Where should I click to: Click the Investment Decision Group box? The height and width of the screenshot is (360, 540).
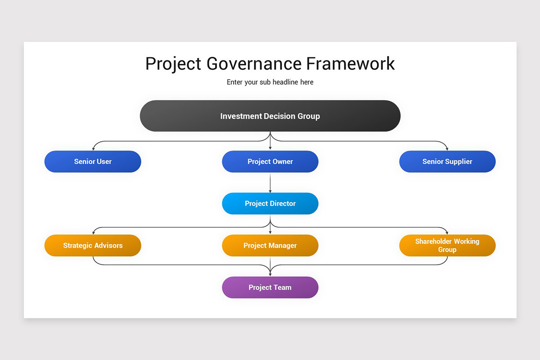pos(270,116)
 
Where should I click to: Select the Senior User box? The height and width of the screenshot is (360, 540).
pos(93,162)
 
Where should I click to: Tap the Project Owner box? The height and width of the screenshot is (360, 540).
pos(270,162)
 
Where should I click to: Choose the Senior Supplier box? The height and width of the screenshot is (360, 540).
pos(447,162)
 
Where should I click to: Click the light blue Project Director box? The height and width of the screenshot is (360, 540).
pos(270,203)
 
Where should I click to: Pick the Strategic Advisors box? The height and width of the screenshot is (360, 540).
pos(93,245)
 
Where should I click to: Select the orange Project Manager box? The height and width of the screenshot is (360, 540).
pos(270,245)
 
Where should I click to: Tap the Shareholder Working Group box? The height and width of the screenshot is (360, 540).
pos(447,245)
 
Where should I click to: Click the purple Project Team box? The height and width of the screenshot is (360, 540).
pos(270,287)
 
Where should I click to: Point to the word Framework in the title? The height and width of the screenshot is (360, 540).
pos(351,63)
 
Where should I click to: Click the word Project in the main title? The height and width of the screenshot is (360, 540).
pos(173,64)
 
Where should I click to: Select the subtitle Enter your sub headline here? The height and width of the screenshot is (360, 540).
pos(270,82)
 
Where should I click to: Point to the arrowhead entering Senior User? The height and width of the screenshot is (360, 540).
pos(93,148)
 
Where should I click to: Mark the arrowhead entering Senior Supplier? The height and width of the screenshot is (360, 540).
pos(447,148)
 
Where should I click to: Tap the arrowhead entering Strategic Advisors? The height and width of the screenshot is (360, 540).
pos(93,233)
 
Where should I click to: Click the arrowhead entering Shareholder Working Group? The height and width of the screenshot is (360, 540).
pos(447,233)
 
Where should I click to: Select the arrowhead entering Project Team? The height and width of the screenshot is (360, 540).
pos(270,274)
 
